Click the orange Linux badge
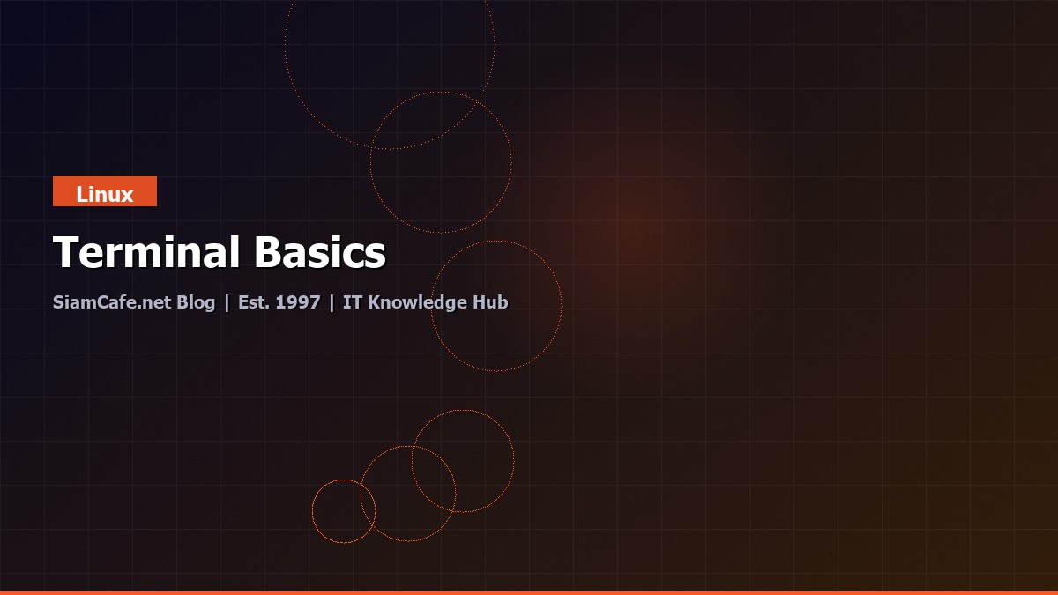[x=104, y=191]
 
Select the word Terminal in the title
[x=147, y=253]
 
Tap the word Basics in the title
[x=321, y=253]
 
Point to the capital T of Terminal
[x=67, y=253]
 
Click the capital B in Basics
[x=270, y=253]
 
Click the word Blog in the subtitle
[x=196, y=302]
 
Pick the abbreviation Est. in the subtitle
[x=254, y=302]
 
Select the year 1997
[x=298, y=302]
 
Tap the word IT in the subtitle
[x=352, y=302]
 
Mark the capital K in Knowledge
[x=374, y=302]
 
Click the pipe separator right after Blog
[x=227, y=303]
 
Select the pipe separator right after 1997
[x=332, y=303]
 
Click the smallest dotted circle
[x=344, y=511]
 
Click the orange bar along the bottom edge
[x=529, y=592]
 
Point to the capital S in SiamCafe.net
[x=58, y=302]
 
